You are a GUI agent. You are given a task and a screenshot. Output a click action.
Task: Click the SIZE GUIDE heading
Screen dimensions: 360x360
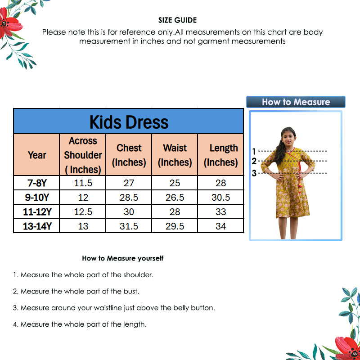point(177,20)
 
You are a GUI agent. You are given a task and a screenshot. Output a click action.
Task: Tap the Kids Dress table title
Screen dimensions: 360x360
point(129,122)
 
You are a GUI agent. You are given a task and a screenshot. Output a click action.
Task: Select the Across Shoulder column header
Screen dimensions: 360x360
point(83,155)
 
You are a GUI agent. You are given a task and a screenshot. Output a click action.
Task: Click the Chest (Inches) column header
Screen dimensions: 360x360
point(129,155)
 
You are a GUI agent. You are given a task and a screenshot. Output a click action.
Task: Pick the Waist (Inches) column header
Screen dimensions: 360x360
point(175,155)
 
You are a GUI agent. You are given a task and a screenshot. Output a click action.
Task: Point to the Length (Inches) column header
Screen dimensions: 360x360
point(221,155)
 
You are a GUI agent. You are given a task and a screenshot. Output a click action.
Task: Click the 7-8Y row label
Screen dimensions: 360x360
point(37,183)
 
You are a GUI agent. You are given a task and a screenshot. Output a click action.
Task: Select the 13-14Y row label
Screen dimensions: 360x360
point(37,226)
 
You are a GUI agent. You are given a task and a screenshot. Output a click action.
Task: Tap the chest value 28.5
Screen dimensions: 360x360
point(129,198)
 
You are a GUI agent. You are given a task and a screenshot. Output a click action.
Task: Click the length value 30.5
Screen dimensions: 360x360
point(221,198)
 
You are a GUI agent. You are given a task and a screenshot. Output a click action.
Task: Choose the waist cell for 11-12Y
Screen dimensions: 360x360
point(175,212)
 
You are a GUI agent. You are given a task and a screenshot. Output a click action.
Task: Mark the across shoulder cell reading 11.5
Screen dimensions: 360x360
point(83,183)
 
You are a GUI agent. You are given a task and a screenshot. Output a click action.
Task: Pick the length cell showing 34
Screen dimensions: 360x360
point(221,226)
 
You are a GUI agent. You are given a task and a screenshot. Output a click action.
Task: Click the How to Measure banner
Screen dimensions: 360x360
point(296,102)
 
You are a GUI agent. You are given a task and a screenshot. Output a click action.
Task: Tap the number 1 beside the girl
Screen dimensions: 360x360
point(254,151)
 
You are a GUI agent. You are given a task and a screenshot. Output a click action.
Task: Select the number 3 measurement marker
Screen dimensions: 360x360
point(254,173)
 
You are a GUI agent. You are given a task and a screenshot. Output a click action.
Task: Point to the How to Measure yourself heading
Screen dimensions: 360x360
point(122,258)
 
